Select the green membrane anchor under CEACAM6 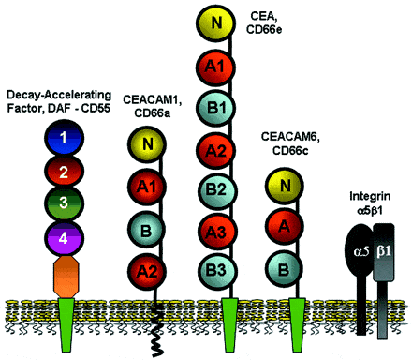click(x=300, y=314)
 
